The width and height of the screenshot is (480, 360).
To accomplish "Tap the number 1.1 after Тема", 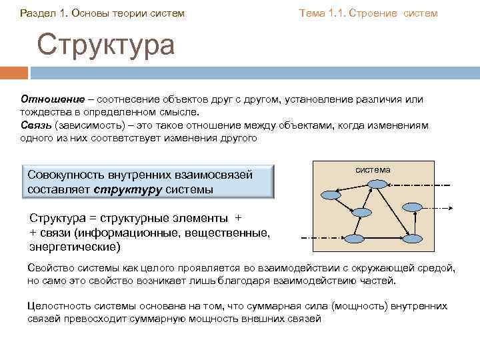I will click(335, 13).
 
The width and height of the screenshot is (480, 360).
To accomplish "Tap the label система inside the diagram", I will click(372, 170).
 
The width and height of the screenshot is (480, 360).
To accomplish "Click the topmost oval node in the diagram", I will click(377, 184).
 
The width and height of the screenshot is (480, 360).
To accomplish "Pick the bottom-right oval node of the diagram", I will click(414, 237).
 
